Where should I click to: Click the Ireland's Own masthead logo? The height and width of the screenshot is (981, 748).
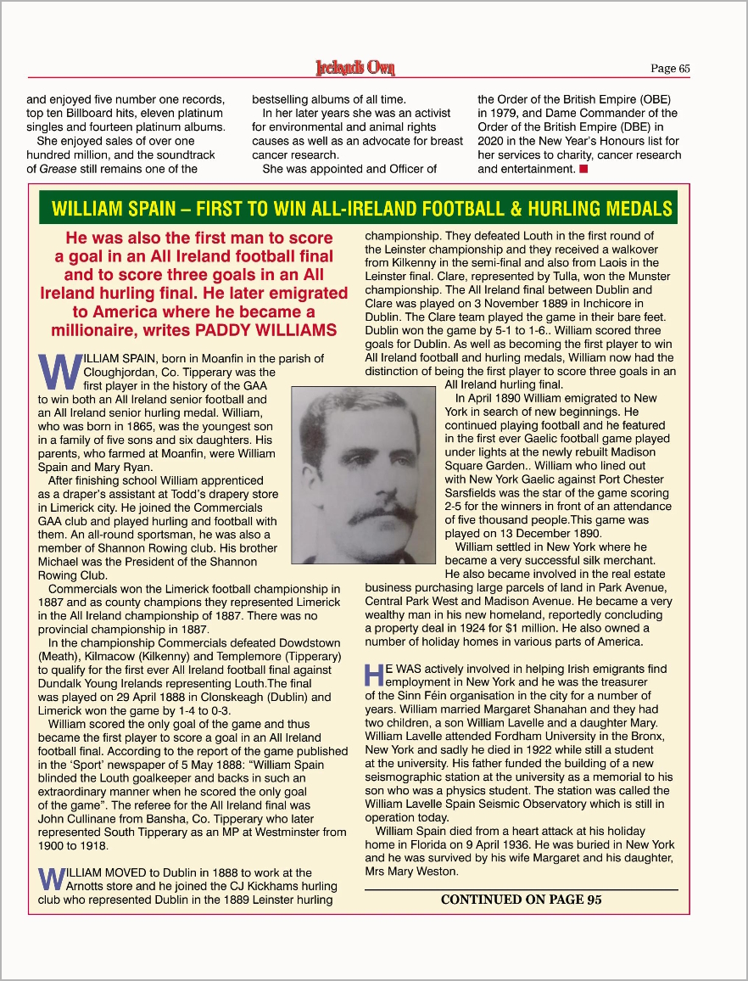tap(354, 68)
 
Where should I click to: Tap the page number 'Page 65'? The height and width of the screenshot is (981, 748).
tap(670, 69)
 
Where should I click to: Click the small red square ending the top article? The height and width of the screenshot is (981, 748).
tap(583, 169)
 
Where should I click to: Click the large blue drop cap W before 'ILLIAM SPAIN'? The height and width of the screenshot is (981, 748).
tap(59, 370)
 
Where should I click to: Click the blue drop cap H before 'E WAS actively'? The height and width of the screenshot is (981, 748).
tap(374, 675)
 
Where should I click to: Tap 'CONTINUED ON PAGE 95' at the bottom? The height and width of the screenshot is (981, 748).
tap(522, 900)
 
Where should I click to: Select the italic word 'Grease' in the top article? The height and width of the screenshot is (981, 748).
tap(58, 169)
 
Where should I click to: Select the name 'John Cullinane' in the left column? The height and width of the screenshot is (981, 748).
tap(77, 819)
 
